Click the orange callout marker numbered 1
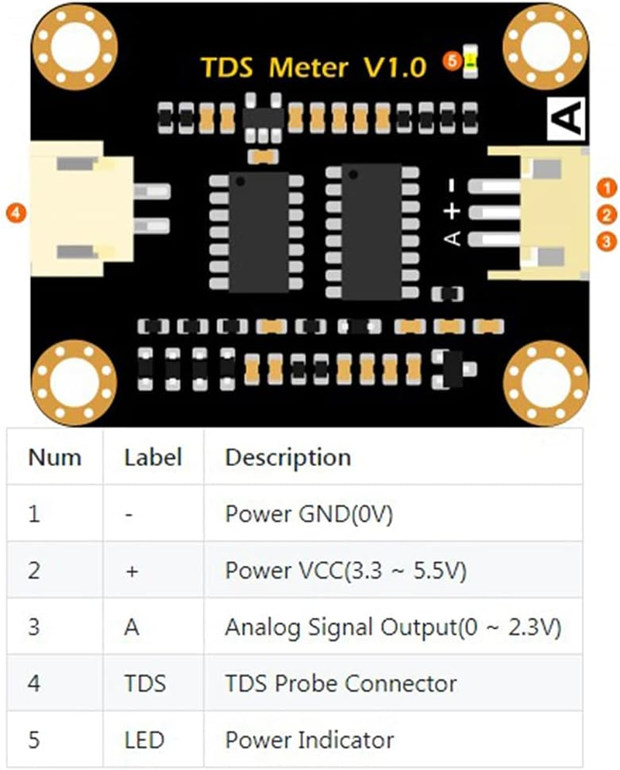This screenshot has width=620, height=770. (x=609, y=187)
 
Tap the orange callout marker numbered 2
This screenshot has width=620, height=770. (x=609, y=214)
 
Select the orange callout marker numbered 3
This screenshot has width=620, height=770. (x=609, y=241)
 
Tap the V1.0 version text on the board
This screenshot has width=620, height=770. (x=394, y=68)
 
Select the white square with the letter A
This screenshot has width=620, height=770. (x=567, y=119)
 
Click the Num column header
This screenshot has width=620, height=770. (x=54, y=457)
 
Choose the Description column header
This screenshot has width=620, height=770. (x=288, y=457)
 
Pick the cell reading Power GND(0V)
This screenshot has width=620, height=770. (x=308, y=513)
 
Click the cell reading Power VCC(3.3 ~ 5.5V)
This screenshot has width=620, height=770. (x=345, y=570)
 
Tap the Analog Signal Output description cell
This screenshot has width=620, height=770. (x=392, y=627)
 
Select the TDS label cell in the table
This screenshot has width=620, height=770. (x=145, y=683)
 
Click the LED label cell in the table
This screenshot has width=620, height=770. (x=144, y=740)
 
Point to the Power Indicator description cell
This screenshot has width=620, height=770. (x=308, y=740)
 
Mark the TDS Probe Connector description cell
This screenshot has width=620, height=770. (x=340, y=683)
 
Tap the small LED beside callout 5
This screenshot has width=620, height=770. (x=470, y=63)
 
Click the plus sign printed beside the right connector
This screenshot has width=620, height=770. (x=454, y=210)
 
